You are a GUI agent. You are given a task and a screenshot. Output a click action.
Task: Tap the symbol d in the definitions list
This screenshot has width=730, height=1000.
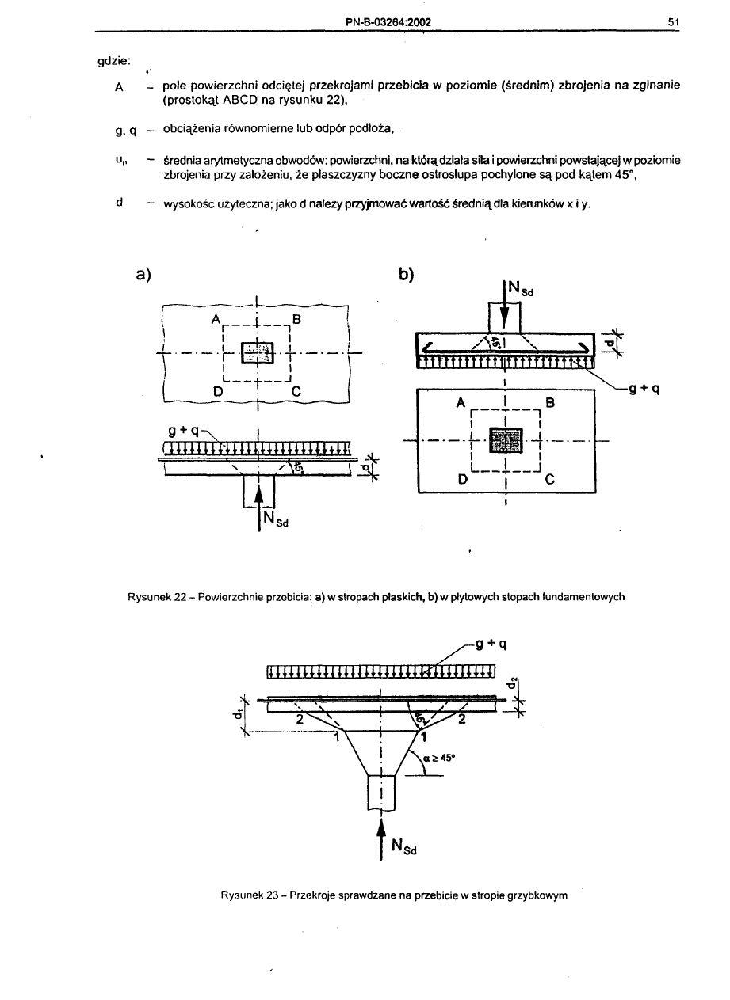click(x=118, y=201)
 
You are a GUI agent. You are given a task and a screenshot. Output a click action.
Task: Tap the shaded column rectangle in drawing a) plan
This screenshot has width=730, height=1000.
click(x=257, y=353)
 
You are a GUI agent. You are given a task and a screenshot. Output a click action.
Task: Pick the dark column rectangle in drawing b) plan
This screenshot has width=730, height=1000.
click(x=506, y=440)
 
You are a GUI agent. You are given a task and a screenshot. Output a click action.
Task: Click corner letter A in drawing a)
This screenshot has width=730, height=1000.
click(x=215, y=320)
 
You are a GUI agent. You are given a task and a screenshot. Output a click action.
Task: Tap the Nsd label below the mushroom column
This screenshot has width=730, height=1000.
click(x=406, y=848)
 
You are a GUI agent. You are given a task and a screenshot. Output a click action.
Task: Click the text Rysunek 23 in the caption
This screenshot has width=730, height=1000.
click(x=247, y=895)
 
